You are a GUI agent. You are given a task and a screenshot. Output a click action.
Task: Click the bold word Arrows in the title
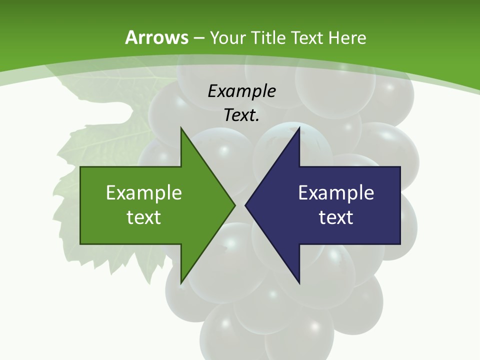click(157, 37)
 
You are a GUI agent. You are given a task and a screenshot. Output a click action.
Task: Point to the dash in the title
click(198, 38)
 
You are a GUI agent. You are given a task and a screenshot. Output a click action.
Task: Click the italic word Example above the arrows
click(241, 91)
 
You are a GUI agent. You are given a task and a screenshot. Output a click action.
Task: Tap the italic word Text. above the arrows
click(241, 115)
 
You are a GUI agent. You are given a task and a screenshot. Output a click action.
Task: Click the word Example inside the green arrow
click(144, 192)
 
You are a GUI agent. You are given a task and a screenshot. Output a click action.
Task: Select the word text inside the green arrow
click(144, 217)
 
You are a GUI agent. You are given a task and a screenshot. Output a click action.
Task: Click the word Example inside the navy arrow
click(336, 192)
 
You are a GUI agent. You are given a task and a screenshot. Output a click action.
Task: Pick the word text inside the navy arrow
click(336, 217)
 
